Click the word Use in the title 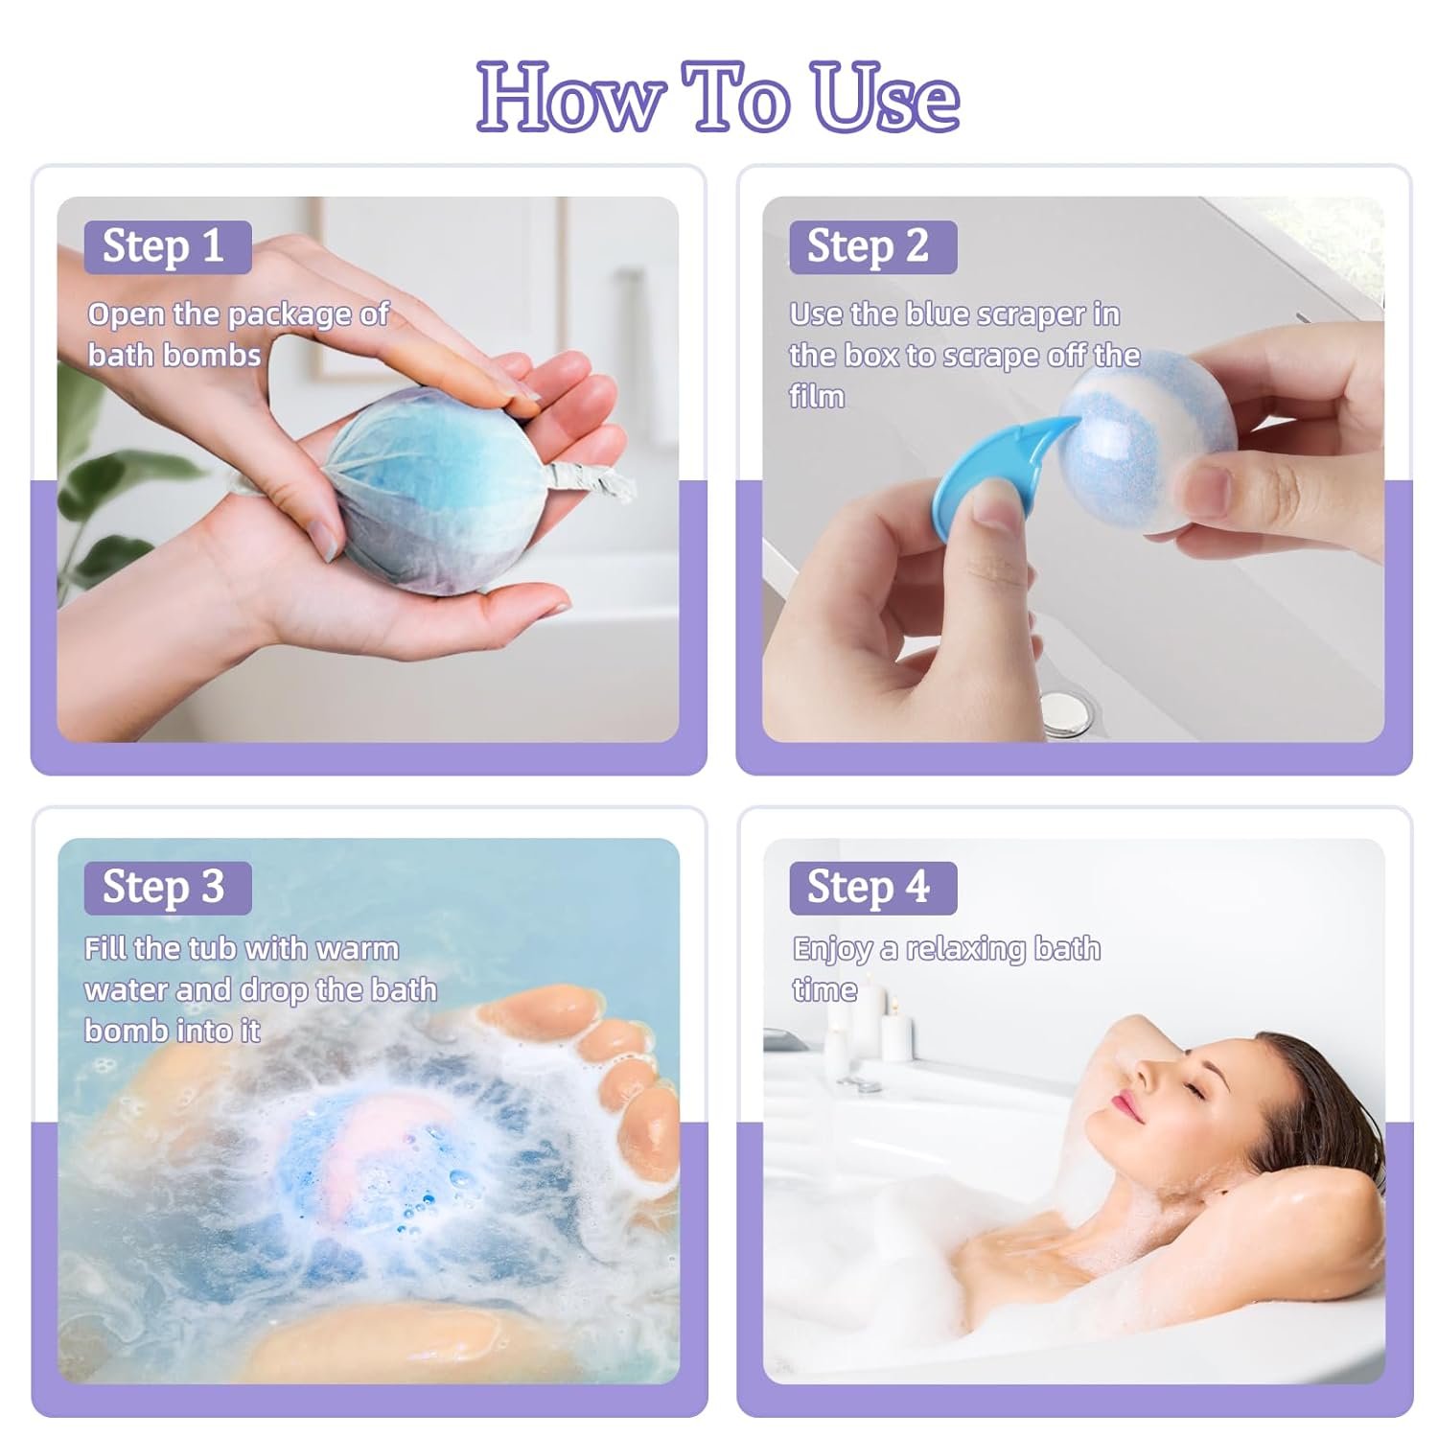coord(885,98)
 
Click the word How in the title coord(571,98)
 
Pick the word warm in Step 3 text coord(357,949)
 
